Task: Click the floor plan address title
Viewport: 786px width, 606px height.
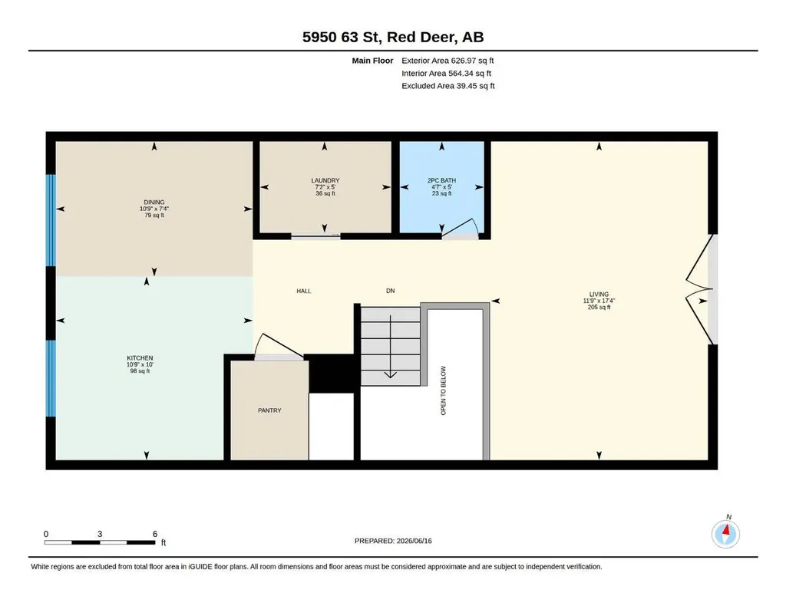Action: click(393, 37)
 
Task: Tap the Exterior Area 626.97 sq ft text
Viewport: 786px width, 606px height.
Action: click(447, 61)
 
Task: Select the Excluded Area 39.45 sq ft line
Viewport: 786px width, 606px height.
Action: click(448, 86)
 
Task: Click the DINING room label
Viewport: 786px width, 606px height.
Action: click(154, 203)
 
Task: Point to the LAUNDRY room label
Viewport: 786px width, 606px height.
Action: click(325, 180)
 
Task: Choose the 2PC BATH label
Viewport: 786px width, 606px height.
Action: click(441, 180)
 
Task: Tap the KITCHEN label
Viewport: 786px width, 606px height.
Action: click(140, 358)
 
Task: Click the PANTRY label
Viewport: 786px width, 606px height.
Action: click(269, 410)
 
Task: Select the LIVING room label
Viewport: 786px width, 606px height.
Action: click(599, 295)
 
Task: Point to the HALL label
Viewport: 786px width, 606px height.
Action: click(304, 291)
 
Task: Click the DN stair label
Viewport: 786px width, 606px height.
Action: click(391, 291)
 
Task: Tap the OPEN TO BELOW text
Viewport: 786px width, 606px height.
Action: click(443, 390)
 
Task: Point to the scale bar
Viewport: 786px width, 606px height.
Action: click(100, 542)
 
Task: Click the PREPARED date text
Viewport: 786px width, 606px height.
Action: click(393, 541)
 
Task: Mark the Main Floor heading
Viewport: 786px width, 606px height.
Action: click(372, 61)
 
